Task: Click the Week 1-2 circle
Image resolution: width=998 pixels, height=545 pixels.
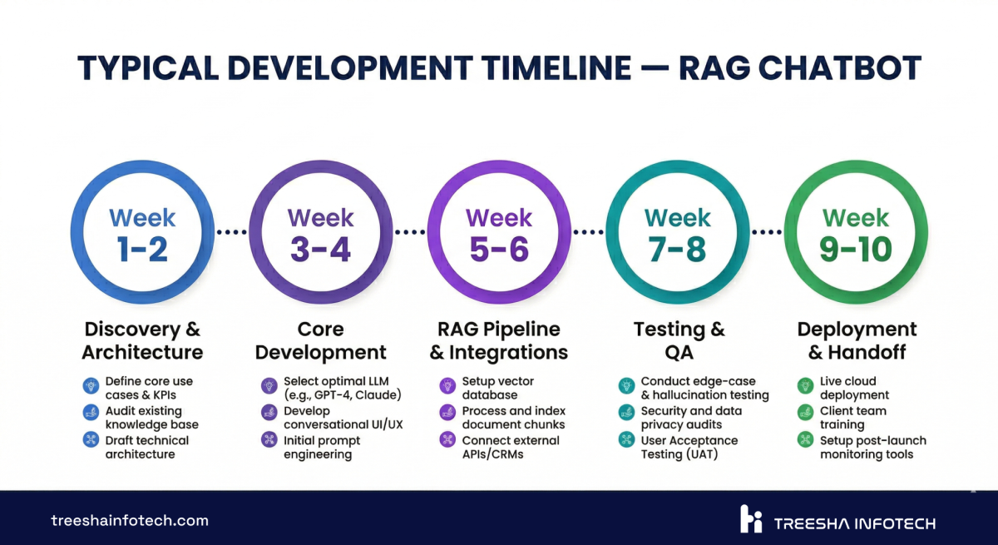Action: (141, 233)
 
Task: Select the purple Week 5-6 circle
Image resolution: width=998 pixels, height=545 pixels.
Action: (498, 233)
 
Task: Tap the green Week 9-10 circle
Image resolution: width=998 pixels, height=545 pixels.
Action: (856, 233)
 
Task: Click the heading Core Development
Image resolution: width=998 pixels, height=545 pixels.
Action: (320, 340)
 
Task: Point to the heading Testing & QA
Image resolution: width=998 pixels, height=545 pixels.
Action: (678, 340)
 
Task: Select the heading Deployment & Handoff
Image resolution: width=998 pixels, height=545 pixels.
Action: (857, 340)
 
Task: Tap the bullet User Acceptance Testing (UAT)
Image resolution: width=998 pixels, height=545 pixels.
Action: (689, 447)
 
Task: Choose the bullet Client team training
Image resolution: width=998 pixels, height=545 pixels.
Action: (852, 417)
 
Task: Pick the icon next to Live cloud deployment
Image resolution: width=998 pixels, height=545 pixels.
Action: (804, 385)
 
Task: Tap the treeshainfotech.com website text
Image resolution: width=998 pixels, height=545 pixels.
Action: (130, 521)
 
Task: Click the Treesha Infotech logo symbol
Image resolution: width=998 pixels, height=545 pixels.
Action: (751, 519)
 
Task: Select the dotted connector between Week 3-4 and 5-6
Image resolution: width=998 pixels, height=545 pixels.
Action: (409, 232)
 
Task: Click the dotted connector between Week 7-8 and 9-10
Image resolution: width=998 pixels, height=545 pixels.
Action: (767, 232)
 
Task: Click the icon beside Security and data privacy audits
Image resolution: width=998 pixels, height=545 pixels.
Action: (625, 412)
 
